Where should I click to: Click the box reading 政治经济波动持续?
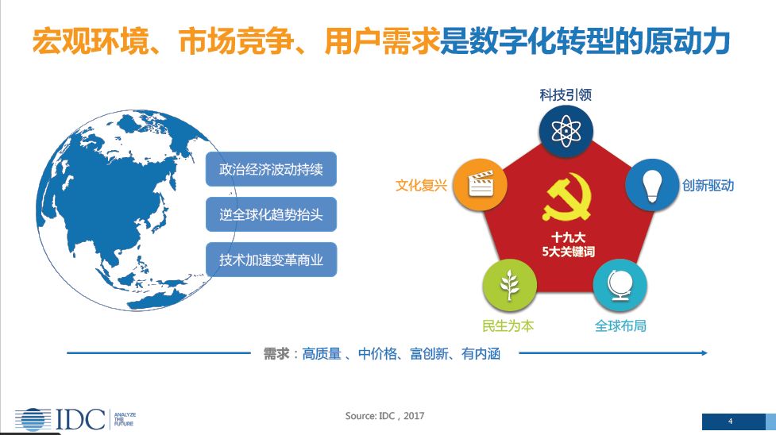coord(271,169)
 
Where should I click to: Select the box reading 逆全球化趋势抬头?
coord(271,214)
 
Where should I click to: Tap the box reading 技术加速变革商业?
coord(271,260)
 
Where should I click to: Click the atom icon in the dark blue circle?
coord(566,132)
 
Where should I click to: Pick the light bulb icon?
coord(652,186)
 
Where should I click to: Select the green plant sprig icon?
coord(509,286)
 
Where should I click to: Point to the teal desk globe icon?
coord(620,285)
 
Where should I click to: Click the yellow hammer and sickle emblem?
coord(567,196)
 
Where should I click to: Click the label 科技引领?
coord(566,95)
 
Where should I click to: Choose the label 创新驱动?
coord(708,186)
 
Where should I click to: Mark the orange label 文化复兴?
coord(421,186)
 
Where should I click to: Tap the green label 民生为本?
coord(508,325)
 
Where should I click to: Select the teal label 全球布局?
coord(620,325)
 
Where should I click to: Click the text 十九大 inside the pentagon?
coord(568,237)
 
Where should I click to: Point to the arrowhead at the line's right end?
coord(704,353)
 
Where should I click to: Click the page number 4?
coord(731,422)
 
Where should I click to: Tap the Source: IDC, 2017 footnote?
coord(384,416)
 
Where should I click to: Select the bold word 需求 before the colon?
coord(276,353)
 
